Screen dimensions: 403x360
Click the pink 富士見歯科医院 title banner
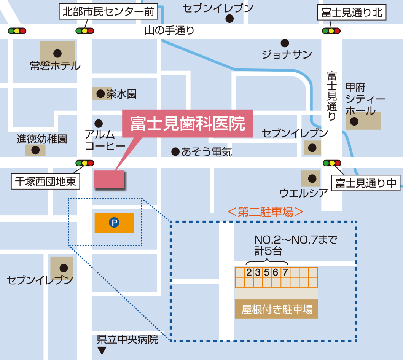click(x=187, y=124)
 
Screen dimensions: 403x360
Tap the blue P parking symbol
click(x=114, y=223)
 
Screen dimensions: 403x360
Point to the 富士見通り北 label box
click(x=352, y=13)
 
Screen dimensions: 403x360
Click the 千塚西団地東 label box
click(x=45, y=181)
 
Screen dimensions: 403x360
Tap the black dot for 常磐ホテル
click(x=57, y=53)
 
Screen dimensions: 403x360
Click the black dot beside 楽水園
click(x=100, y=94)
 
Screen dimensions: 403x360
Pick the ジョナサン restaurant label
click(x=287, y=54)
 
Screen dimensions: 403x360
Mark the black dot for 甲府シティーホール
click(x=354, y=122)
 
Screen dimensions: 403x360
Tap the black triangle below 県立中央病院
click(x=102, y=350)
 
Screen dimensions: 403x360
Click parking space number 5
click(x=267, y=272)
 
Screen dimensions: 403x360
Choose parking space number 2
click(x=249, y=272)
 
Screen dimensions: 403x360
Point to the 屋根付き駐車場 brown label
click(x=277, y=309)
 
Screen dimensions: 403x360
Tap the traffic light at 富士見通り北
click(x=331, y=31)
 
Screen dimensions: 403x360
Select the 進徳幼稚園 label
click(x=41, y=139)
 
